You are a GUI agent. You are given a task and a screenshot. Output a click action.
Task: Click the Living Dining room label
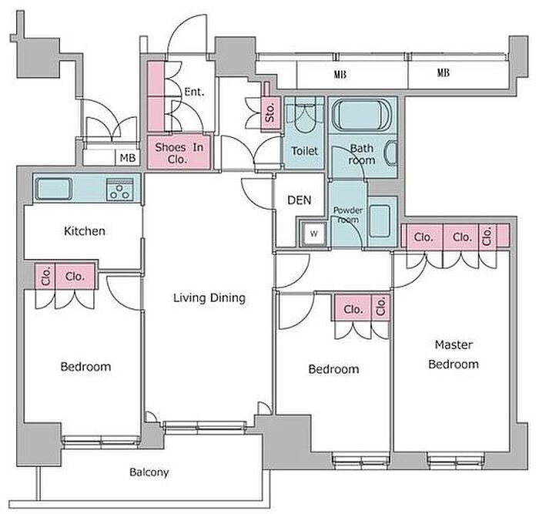pyautogui.click(x=209, y=298)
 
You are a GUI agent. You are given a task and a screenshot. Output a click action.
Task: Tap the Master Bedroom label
pyautogui.click(x=454, y=354)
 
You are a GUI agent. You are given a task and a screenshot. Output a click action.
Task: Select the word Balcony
pyautogui.click(x=149, y=472)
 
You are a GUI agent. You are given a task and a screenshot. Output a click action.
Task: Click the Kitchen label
pyautogui.click(x=85, y=231)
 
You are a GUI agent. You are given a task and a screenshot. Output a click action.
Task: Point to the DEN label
pyautogui.click(x=299, y=200)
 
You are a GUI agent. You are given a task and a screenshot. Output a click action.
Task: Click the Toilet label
pyautogui.click(x=304, y=151)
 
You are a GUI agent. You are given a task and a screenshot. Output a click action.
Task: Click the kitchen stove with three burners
pyautogui.click(x=119, y=190)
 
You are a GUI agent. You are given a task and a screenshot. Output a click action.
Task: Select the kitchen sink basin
pyautogui.click(x=54, y=189)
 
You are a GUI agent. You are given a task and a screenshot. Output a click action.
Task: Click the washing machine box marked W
pyautogui.click(x=313, y=233)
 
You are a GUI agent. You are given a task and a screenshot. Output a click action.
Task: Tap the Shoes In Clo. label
pyautogui.click(x=179, y=153)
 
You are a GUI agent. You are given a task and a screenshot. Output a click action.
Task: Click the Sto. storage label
pyautogui.click(x=270, y=113)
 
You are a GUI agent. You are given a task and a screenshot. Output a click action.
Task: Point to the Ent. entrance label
pyautogui.click(x=194, y=92)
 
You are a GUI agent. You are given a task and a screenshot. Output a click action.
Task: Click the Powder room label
pyautogui.click(x=347, y=215)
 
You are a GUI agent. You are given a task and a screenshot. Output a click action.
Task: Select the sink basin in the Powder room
pyautogui.click(x=380, y=221)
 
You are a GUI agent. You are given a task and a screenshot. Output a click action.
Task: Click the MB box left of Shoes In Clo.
pyautogui.click(x=128, y=158)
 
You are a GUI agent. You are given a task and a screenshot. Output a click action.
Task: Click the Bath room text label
pyautogui.click(x=361, y=154)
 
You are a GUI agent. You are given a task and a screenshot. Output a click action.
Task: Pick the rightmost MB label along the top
pyautogui.click(x=443, y=73)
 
